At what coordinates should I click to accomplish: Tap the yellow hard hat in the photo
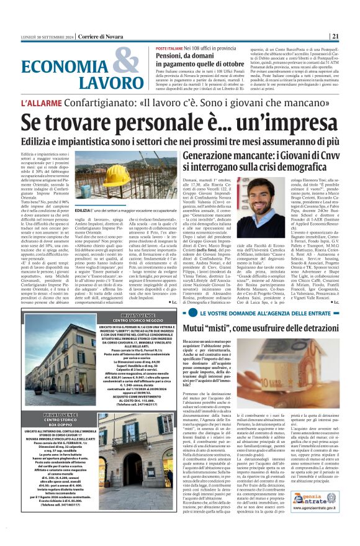[x=115, y=172]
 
